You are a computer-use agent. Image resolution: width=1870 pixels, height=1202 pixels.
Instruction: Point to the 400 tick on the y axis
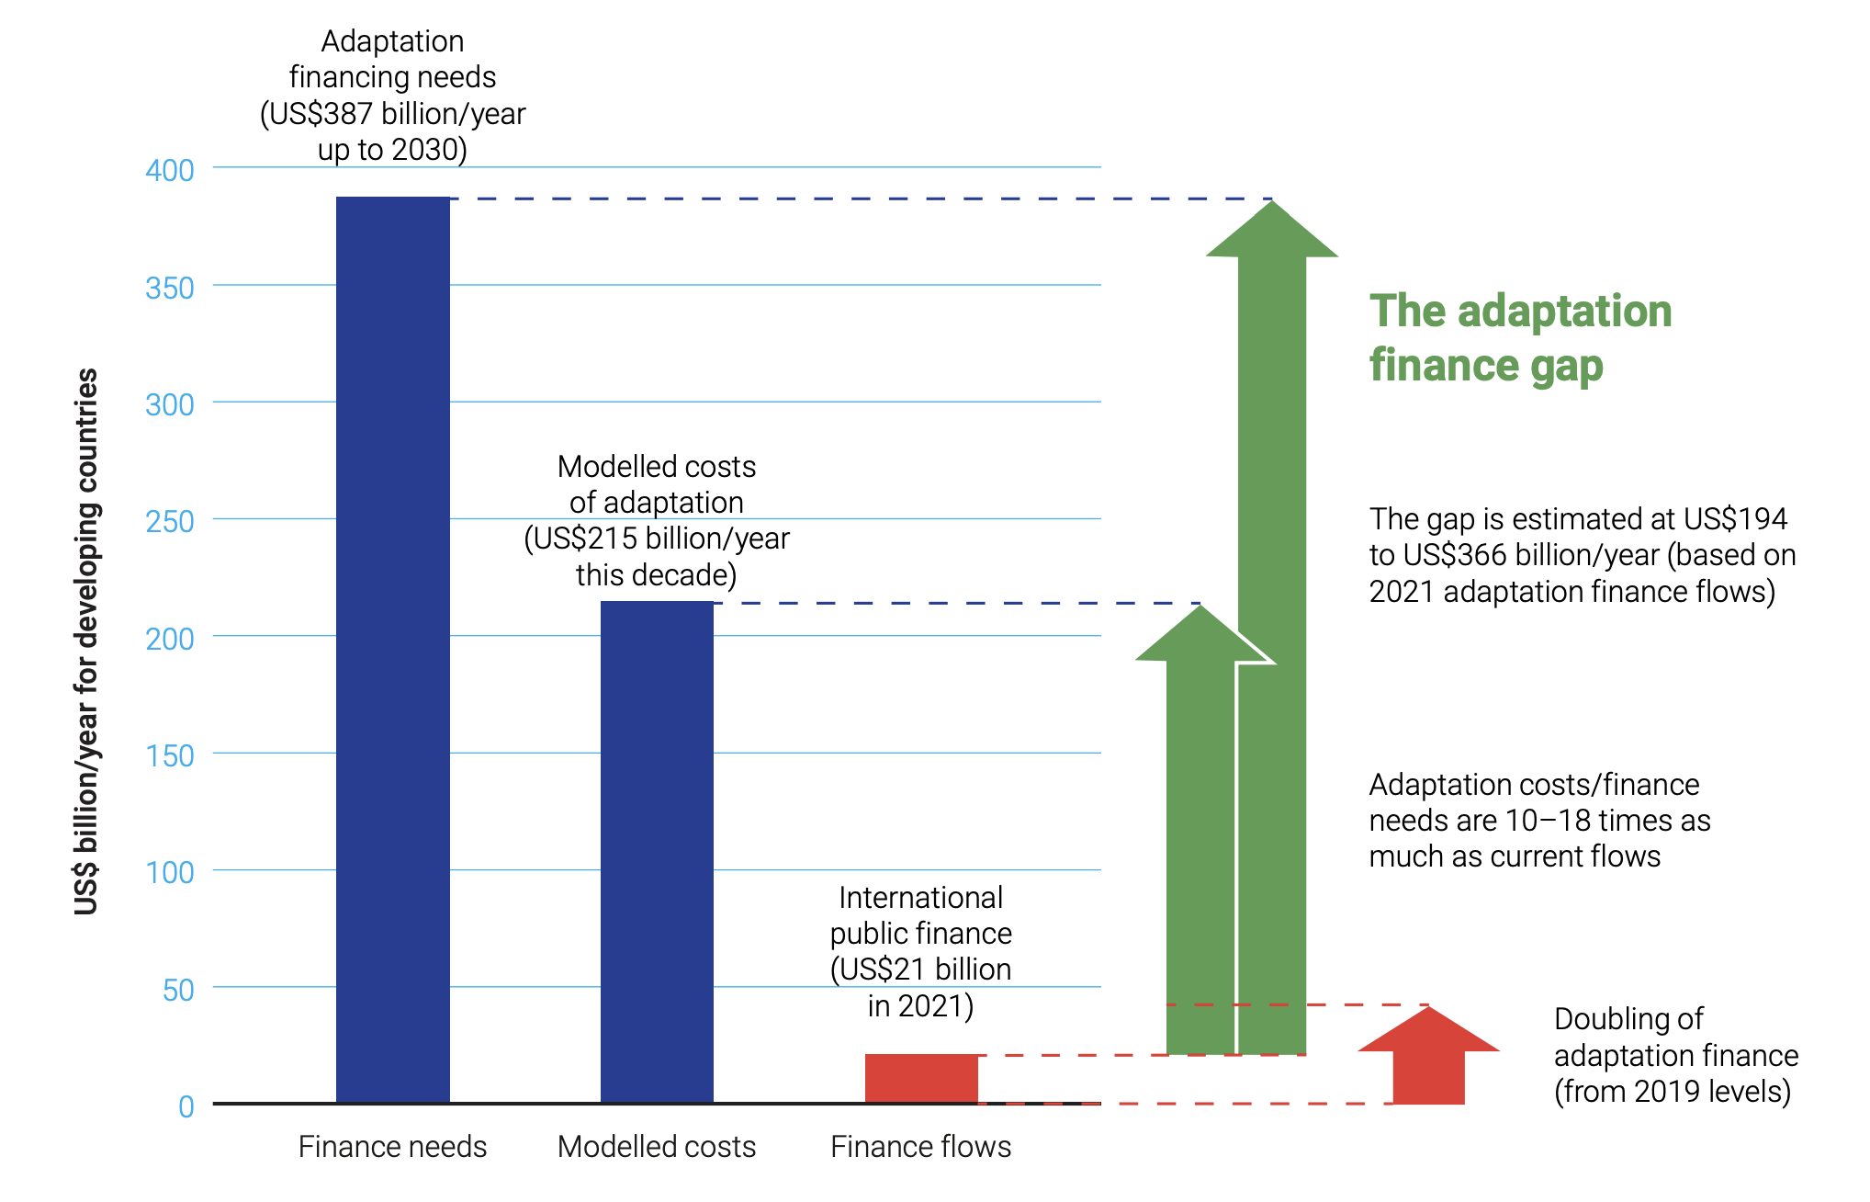[170, 171]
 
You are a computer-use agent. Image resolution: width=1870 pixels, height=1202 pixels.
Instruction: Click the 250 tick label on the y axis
[170, 522]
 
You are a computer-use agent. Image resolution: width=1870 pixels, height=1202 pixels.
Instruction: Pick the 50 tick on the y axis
[178, 990]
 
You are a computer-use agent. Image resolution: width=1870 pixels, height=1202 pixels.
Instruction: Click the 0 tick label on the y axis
[186, 1106]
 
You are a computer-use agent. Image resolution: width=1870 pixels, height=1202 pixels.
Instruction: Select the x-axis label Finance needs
[392, 1147]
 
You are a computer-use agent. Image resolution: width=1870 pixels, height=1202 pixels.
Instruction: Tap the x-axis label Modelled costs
[657, 1147]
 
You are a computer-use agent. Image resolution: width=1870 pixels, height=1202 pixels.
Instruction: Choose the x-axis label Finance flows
[920, 1147]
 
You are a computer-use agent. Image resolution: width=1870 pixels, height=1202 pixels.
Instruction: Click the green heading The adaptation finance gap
[1520, 337]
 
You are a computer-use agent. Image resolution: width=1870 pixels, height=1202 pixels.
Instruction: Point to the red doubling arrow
[1428, 1057]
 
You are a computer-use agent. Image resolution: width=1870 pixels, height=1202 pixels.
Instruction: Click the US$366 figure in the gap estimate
[1455, 556]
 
